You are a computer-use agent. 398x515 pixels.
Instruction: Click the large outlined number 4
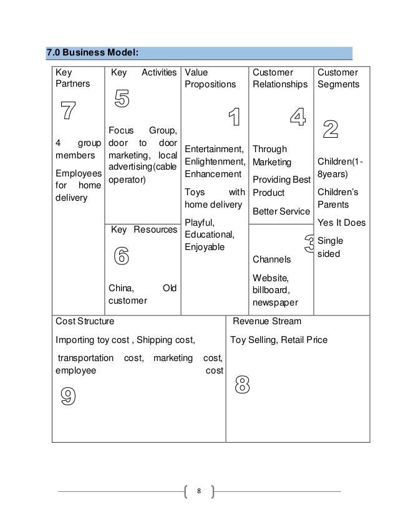coord(298,117)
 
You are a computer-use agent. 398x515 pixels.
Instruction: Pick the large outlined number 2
coord(330,128)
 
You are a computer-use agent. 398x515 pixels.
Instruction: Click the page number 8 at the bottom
coord(198,491)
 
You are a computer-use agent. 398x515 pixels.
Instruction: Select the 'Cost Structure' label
coord(85,322)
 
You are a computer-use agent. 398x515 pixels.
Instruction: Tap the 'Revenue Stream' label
coord(266,322)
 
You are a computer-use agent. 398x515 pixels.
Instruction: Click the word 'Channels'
coord(271,259)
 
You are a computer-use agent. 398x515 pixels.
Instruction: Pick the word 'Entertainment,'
coord(214,149)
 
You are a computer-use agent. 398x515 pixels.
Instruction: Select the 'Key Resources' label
coord(143,230)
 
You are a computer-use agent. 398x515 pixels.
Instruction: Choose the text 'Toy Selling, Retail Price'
coord(279,340)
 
